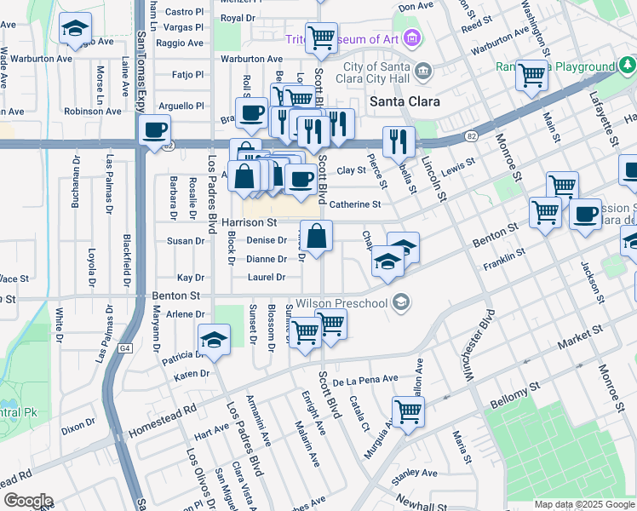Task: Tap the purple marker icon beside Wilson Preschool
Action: point(402,302)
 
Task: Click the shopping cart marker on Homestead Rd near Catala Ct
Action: point(409,411)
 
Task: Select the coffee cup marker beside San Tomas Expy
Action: point(154,130)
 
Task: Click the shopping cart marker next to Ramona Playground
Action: point(532,75)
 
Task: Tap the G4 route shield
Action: point(125,348)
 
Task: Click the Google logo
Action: point(27,502)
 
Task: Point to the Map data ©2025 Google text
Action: point(583,504)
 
